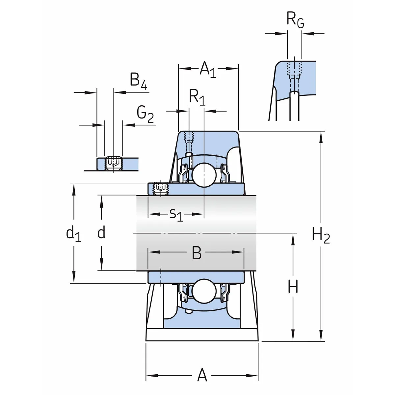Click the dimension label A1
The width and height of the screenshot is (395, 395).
[x=208, y=69]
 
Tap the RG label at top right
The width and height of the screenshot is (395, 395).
[x=295, y=20]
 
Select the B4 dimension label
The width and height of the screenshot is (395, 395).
[x=138, y=81]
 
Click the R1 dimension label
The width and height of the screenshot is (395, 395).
[x=197, y=97]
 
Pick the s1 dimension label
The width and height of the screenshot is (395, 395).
[x=176, y=215]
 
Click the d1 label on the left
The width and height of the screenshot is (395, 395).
[x=73, y=234]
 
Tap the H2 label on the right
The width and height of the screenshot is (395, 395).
[x=321, y=236]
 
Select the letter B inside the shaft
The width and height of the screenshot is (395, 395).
[x=197, y=253]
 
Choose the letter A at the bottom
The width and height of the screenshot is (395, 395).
[x=202, y=375]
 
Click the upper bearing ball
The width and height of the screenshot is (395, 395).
[x=204, y=174]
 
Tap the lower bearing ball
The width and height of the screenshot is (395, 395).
[x=204, y=291]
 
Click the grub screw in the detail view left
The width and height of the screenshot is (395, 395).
[x=113, y=163]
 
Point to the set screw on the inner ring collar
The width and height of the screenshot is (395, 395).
[x=161, y=189]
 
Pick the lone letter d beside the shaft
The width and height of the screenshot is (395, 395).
[x=102, y=233]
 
